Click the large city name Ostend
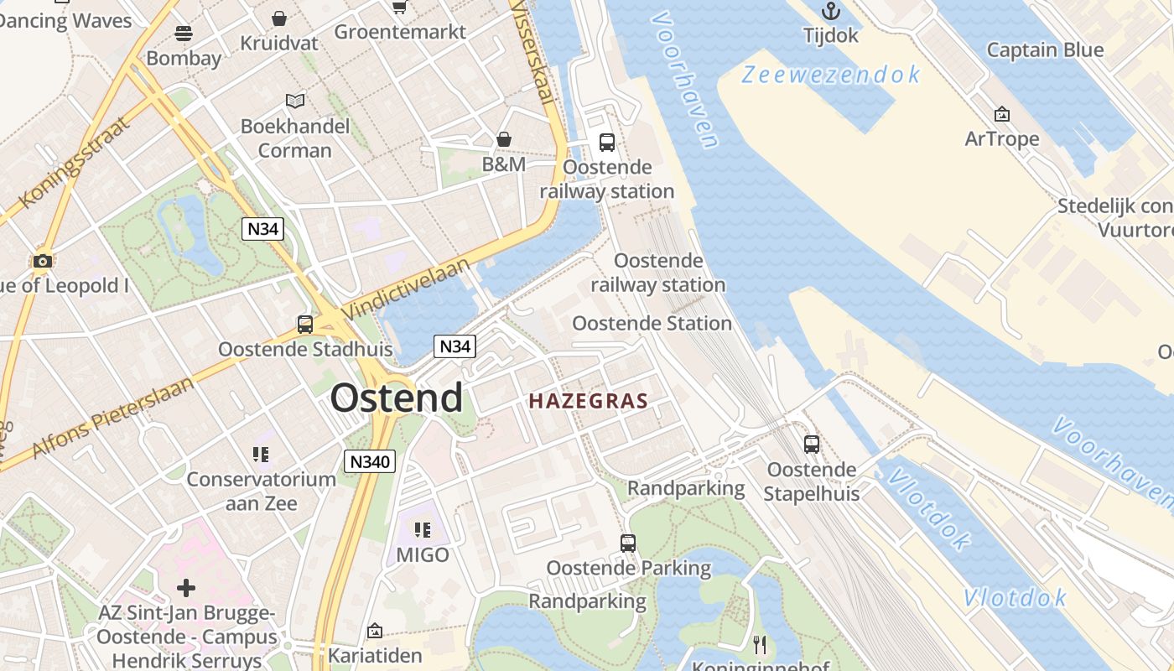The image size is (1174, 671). point(396,398)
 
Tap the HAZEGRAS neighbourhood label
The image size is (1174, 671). point(589,402)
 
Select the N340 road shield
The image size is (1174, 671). point(369,461)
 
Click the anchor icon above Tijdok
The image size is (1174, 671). point(831,11)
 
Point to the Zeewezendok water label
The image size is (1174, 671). point(831,75)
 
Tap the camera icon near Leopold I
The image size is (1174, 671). point(43,261)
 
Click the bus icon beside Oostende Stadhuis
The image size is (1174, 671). point(305,324)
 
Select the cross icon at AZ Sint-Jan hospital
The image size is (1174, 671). point(186,588)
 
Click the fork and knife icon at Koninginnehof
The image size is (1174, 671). point(760,644)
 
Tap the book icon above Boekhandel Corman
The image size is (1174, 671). point(294,101)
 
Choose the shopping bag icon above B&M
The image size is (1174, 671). point(504,138)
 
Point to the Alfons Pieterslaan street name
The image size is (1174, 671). point(113,417)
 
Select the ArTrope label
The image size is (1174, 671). point(1001,138)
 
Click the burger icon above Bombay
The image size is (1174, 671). point(184,33)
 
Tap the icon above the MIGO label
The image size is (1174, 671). point(423,530)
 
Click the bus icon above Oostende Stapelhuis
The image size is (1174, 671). point(811,445)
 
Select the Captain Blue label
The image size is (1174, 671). point(1044,49)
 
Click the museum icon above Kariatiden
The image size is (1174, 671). point(375,630)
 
